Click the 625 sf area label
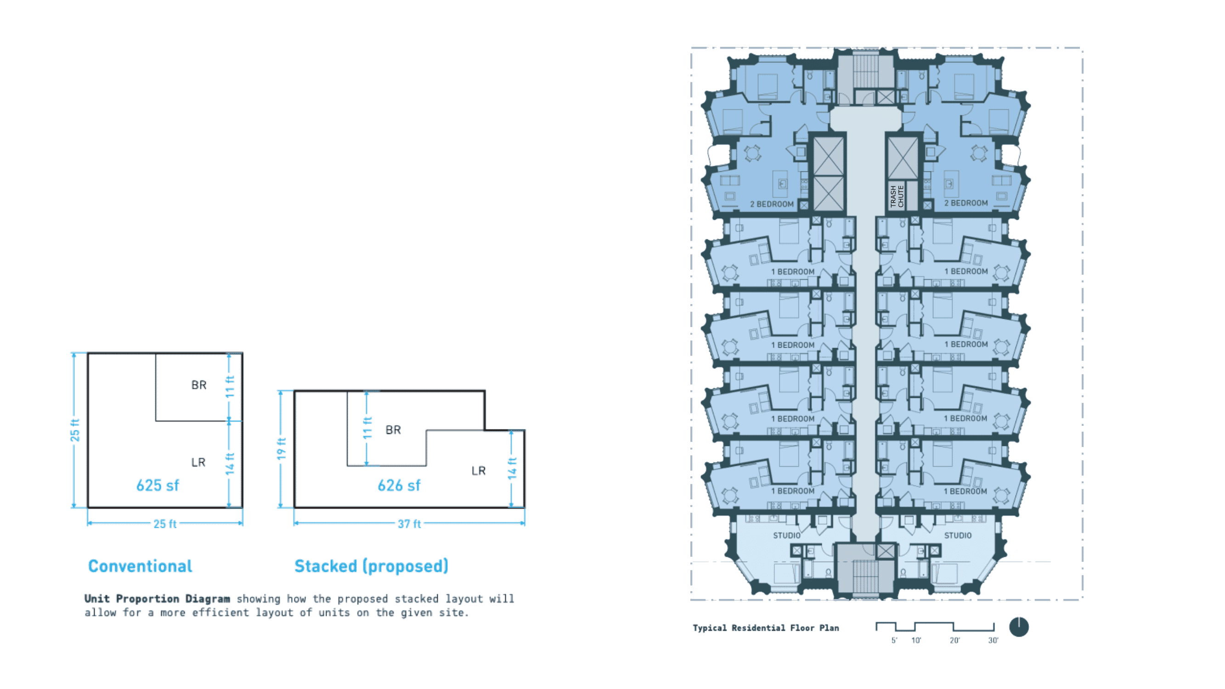[x=158, y=486]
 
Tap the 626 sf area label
[x=399, y=486]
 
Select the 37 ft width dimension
[x=409, y=524]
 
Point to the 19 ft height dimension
[x=282, y=449]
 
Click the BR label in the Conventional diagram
[x=199, y=384]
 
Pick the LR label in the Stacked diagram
[x=479, y=471]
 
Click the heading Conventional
[x=140, y=566]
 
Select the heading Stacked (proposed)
[x=372, y=566]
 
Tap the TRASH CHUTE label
[x=897, y=197]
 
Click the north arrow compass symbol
[x=1019, y=627]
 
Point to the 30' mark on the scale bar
[x=993, y=640]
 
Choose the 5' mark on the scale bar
[x=894, y=640]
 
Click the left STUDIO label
[x=787, y=536]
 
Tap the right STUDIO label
[x=958, y=536]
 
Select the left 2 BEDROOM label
[x=772, y=204]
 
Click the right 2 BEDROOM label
[x=966, y=203]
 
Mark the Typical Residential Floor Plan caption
[x=766, y=627]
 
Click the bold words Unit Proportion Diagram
[x=157, y=599]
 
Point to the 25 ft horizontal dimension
[x=164, y=524]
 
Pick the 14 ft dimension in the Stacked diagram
[x=512, y=468]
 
